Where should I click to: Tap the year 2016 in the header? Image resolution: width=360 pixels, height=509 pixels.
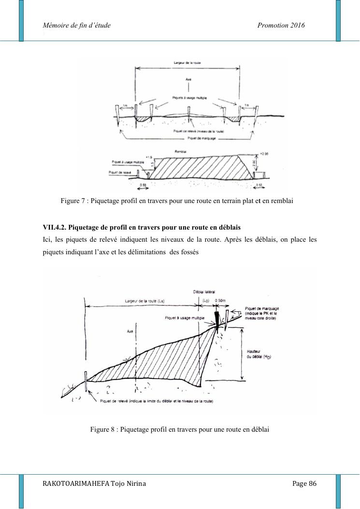pos(296,25)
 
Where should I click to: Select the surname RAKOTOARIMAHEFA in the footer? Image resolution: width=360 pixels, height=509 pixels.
pos(76,484)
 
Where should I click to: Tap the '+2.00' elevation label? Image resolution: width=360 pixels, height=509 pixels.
pos(263,154)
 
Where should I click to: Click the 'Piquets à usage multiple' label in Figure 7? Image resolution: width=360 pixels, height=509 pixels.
pos(189,98)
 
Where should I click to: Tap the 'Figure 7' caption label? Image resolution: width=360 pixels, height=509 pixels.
pos(72,200)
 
